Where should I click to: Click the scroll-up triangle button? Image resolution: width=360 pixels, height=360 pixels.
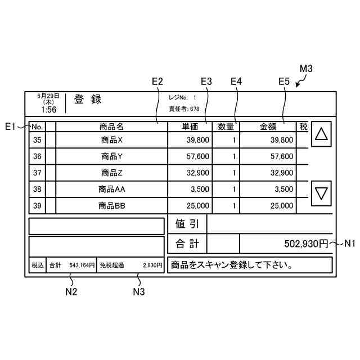[x=321, y=134]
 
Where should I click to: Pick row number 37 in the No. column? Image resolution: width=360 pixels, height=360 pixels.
[x=37, y=173]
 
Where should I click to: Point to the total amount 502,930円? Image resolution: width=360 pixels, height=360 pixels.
[x=305, y=244]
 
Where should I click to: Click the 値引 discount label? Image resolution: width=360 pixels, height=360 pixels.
[x=187, y=224]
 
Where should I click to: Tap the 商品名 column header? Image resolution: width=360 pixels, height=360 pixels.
[x=111, y=127]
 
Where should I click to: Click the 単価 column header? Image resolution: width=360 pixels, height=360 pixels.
[x=190, y=127]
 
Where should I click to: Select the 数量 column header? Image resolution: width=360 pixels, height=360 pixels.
[x=226, y=127]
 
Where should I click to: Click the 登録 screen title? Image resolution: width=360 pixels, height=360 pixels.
[x=88, y=100]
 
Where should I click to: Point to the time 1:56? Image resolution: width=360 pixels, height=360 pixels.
[x=48, y=109]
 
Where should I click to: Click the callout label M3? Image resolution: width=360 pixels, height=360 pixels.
[x=305, y=69]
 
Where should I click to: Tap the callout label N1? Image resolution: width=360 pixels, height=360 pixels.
[x=350, y=244]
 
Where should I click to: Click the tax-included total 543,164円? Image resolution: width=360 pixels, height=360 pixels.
[x=82, y=265]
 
